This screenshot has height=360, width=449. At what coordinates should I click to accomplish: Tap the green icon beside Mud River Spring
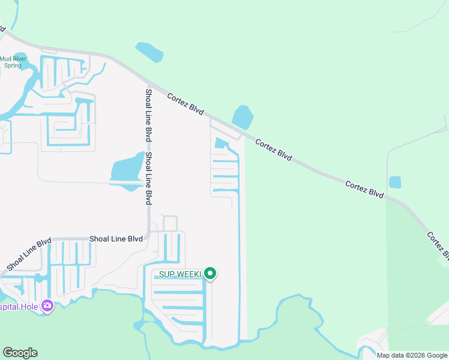point(19,58)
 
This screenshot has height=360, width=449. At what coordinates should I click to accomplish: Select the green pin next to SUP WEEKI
point(210,274)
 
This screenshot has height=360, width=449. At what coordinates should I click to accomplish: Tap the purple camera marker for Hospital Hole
point(47,307)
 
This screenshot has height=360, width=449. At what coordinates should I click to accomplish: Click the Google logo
point(20,353)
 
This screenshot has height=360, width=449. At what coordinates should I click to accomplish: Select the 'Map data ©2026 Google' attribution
point(412,355)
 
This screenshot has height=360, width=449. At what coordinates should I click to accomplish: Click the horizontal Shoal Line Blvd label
point(116,239)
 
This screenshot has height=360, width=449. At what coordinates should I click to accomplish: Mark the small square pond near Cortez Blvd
point(395,182)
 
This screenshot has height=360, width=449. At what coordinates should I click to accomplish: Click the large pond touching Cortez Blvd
point(242,116)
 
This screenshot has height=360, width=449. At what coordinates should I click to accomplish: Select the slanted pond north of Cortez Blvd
point(149,52)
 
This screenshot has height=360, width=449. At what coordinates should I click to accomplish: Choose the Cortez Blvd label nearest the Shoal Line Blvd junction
point(185,104)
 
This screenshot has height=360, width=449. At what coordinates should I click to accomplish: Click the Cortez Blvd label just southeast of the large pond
point(273,150)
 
